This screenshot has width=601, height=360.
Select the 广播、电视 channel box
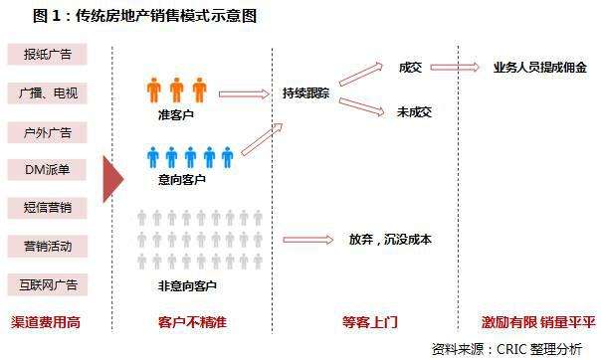(x=49, y=93)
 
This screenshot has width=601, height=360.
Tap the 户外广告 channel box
(x=49, y=131)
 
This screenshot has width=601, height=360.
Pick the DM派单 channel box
(x=49, y=169)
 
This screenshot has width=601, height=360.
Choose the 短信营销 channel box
(x=49, y=207)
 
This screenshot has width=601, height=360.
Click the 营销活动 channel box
(x=49, y=245)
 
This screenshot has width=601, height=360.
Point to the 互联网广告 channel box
(x=49, y=283)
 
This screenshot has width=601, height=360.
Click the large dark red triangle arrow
(x=112, y=178)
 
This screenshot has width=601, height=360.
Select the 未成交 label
(x=413, y=112)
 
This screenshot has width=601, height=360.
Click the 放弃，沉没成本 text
(x=390, y=239)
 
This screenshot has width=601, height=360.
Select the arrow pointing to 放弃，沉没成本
(x=309, y=239)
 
